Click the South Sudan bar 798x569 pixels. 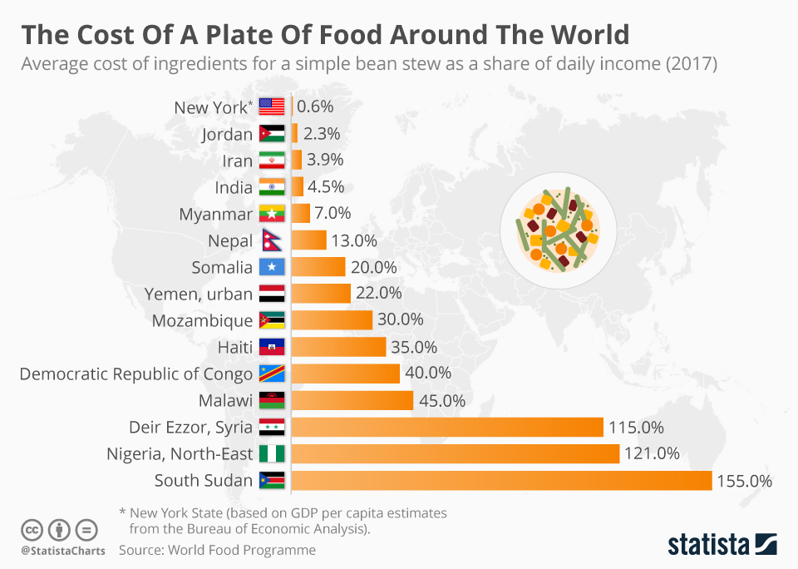[x=501, y=481]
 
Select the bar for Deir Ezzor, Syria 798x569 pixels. [x=447, y=428]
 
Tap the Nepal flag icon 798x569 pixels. [x=271, y=240]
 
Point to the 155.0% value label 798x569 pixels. [x=746, y=481]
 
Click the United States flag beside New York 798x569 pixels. [x=272, y=106]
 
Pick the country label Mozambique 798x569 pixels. [x=202, y=320]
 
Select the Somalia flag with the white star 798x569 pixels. [x=272, y=268]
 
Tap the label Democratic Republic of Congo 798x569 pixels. [x=135, y=374]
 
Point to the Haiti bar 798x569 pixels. [x=339, y=347]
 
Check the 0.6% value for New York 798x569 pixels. [x=315, y=106]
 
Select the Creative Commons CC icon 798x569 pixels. [x=32, y=529]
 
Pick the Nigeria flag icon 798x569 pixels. [x=272, y=454]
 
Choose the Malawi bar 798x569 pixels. [x=352, y=400]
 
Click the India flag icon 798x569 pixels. [x=272, y=186]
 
